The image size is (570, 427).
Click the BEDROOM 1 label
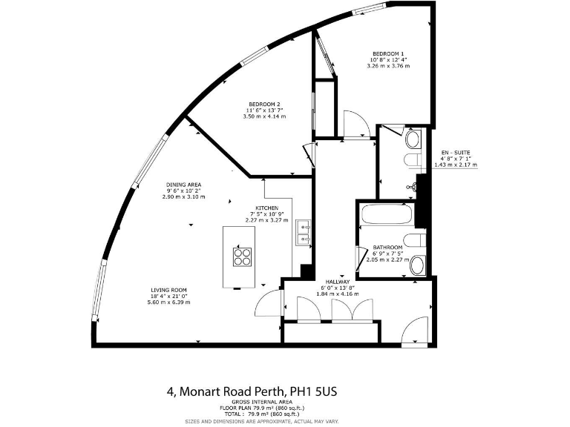387,53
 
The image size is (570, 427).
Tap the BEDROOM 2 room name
264,103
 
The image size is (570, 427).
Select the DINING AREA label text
184,185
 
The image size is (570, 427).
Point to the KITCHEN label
267,208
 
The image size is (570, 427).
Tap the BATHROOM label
387,247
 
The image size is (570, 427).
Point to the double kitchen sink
304,233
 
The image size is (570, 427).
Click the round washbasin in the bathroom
417,265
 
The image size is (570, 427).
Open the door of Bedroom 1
356,125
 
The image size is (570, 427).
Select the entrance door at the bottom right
414,332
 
